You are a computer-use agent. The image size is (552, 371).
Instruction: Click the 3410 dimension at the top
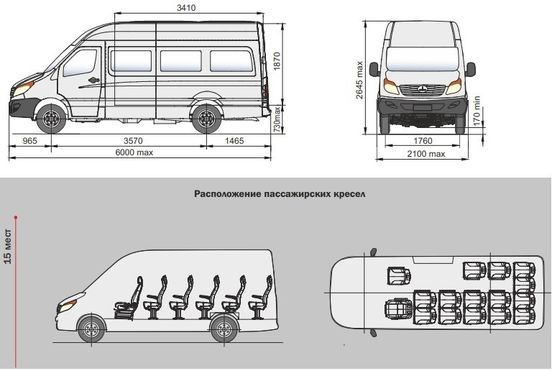(186, 7)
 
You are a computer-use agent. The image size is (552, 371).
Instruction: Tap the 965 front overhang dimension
(29, 141)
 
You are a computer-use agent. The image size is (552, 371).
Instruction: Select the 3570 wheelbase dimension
(133, 141)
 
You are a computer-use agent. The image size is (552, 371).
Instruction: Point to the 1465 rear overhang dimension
(234, 141)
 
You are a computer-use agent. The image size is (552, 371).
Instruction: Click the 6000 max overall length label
(134, 152)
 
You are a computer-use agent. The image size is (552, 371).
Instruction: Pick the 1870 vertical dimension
(277, 61)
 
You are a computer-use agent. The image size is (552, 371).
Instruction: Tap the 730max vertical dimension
(277, 119)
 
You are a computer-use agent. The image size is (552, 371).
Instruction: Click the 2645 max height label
(359, 81)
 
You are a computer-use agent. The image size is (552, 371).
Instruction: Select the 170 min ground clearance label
(477, 111)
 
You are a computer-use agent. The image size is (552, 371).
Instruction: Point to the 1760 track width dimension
(423, 141)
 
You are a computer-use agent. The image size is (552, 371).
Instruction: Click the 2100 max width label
(426, 154)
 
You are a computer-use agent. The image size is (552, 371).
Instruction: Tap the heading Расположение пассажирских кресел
(280, 194)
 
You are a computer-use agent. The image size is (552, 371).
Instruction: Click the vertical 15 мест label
(8, 247)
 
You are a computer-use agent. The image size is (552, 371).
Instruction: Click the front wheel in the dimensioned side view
(52, 119)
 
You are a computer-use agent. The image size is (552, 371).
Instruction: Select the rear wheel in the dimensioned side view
(206, 119)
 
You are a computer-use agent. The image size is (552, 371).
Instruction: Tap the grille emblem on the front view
(423, 89)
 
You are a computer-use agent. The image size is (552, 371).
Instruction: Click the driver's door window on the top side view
(80, 63)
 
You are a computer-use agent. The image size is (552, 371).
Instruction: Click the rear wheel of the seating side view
(224, 329)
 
